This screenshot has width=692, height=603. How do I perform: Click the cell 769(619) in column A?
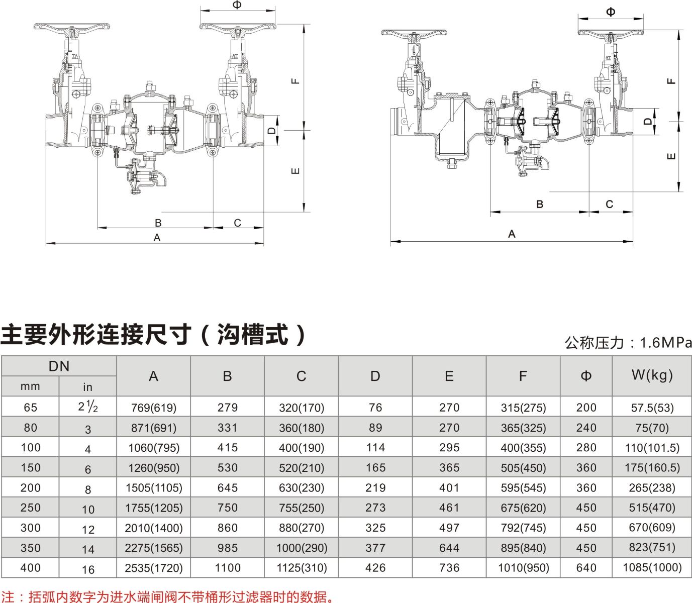[x=154, y=408]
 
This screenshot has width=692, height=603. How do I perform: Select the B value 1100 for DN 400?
[x=228, y=568]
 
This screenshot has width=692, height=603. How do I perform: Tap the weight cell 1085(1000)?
[x=652, y=567]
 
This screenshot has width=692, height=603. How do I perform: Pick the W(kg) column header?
[x=652, y=375]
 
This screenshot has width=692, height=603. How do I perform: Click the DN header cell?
[x=59, y=367]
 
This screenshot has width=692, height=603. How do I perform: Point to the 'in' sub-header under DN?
[x=87, y=387]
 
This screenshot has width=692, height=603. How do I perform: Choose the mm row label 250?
[x=31, y=508]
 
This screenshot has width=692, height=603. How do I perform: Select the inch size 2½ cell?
[x=88, y=407]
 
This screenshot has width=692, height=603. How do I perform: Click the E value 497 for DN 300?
[x=449, y=528]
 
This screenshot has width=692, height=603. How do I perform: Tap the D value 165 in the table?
[x=375, y=468]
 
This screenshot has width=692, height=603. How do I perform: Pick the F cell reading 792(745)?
[x=523, y=528]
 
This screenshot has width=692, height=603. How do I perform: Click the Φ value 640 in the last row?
[x=586, y=568]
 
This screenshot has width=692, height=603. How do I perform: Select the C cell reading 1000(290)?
[x=302, y=548]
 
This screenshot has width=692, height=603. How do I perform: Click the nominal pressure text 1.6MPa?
[x=666, y=343]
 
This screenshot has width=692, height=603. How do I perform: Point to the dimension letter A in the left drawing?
[x=157, y=238]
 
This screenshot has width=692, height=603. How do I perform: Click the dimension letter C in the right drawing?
[x=610, y=205]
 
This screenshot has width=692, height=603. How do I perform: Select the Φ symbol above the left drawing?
[x=237, y=5]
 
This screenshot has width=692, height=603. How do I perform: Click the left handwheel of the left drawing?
[x=72, y=27]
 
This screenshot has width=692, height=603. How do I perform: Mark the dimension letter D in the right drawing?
[x=647, y=121]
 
